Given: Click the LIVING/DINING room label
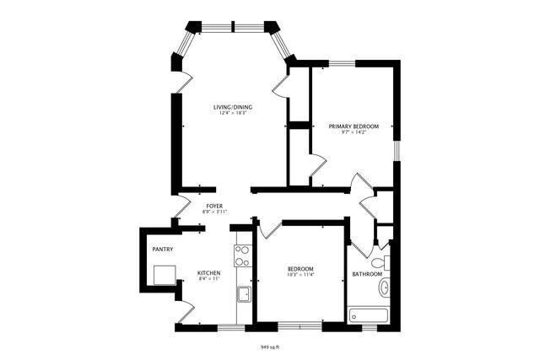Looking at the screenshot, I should point(232,107).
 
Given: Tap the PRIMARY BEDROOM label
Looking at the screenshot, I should point(354,126).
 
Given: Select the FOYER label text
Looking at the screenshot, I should point(214,205).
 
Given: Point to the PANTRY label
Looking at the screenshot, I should point(162,250).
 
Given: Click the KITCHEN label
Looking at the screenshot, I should point(208,273).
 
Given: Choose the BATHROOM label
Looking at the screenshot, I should point(367,274).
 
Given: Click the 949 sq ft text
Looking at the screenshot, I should point(269,347).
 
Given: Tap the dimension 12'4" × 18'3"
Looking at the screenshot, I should point(232,114).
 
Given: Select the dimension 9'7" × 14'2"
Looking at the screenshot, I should point(354,132).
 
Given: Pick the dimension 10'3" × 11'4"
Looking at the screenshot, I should point(300,274).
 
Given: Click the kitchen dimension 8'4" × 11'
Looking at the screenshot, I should point(208,279).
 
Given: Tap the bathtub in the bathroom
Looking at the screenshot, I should point(369,315).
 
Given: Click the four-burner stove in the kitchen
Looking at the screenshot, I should point(243,255).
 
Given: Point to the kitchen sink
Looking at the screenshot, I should point(244,293).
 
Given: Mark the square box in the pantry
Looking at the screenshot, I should point(164,275).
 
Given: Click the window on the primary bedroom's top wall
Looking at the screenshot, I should point(341,62).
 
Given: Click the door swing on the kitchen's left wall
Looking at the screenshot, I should point(184,309).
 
